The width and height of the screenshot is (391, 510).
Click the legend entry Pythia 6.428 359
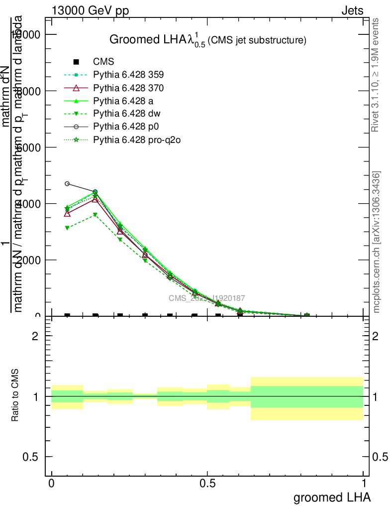[x=128, y=75]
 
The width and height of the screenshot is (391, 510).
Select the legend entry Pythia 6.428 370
[x=128, y=88]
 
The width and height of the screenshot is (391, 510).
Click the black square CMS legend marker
[x=76, y=62]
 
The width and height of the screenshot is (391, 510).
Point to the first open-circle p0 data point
[x=67, y=184]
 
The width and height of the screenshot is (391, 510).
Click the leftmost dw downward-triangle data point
[x=67, y=228]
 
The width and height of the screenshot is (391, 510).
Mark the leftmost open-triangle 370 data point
[x=67, y=213]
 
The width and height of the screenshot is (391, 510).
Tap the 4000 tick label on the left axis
[x=32, y=204]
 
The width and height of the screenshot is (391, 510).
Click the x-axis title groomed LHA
[x=332, y=498]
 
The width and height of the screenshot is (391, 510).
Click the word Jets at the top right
[x=352, y=10]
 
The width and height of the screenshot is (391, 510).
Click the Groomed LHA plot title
[x=207, y=40]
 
